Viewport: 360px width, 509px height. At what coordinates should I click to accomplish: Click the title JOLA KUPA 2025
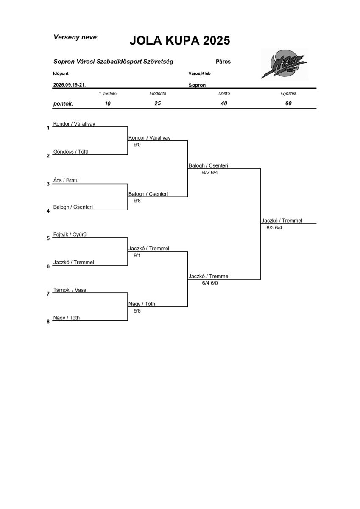tap(179, 41)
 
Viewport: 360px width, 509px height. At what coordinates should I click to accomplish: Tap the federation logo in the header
tap(284, 65)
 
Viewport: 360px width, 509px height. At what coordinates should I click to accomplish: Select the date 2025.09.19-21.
tap(70, 85)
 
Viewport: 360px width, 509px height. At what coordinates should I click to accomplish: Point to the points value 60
tap(288, 103)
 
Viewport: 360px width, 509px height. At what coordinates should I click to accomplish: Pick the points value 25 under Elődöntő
tap(157, 103)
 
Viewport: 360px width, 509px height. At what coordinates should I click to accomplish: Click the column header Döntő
tap(224, 93)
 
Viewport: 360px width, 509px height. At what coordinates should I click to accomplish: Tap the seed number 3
tap(48, 184)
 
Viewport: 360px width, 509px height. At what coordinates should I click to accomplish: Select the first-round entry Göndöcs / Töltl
tap(73, 152)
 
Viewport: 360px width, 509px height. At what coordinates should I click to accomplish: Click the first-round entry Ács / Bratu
tap(66, 180)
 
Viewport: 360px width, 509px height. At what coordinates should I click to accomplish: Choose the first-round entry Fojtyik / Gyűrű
tap(70, 235)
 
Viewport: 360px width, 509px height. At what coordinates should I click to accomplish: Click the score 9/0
tap(137, 145)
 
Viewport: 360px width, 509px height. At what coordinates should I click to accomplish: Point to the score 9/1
tap(137, 255)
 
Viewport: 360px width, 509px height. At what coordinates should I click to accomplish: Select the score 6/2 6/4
tap(210, 173)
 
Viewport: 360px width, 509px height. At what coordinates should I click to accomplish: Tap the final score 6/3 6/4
tap(274, 228)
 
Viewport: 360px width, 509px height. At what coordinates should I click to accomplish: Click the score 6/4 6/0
tap(210, 283)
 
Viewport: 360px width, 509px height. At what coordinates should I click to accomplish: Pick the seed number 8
tap(48, 322)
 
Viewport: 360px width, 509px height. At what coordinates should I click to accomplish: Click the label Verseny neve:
tap(76, 37)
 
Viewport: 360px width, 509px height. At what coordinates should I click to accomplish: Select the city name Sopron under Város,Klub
tap(197, 85)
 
